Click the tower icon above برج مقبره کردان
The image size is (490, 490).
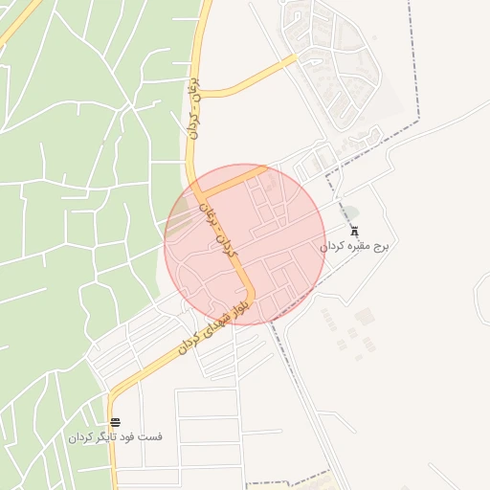coord(355,233)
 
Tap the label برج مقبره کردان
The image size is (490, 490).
coord(355,247)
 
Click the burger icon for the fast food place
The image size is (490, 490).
coord(115,423)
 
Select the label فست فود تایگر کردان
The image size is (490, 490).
coord(115,437)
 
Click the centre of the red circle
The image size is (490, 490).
coord(245,244)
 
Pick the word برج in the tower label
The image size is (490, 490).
coord(381,247)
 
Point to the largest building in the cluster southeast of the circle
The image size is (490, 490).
coord(364,316)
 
